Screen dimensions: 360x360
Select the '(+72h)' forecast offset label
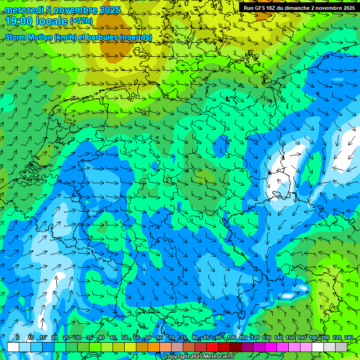tap(82, 21)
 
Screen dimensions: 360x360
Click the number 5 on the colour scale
tap(17, 338)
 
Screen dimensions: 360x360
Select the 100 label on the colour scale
tap(231, 338)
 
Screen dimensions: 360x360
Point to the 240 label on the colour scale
tap(349, 338)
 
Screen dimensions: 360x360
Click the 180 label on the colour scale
tap(313, 338)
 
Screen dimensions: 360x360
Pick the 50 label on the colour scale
tap(125, 338)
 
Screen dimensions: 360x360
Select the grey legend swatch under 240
tap(341, 347)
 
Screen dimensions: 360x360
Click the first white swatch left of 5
tap(13, 347)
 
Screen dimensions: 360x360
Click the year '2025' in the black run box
tap(347, 8)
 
